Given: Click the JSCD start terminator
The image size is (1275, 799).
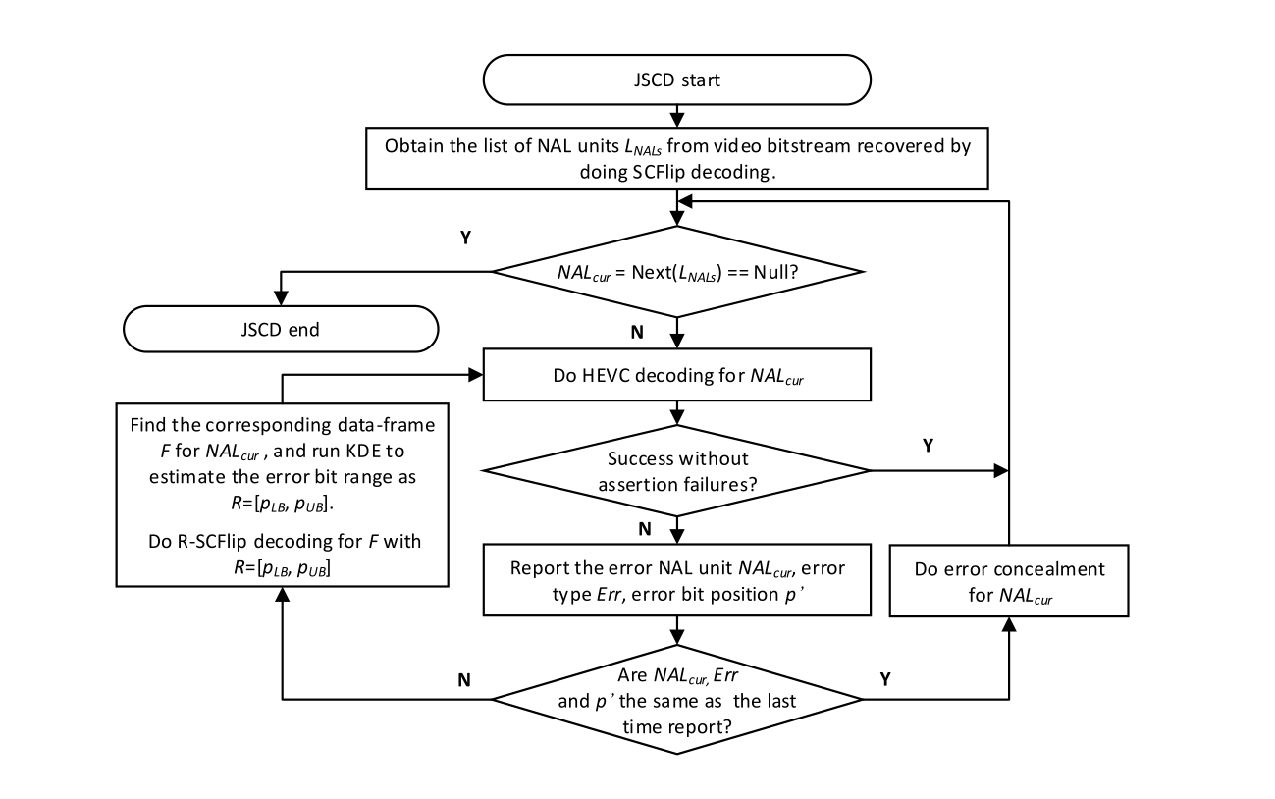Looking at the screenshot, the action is pyautogui.click(x=677, y=80).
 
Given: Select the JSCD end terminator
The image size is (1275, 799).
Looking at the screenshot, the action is pyautogui.click(x=281, y=329).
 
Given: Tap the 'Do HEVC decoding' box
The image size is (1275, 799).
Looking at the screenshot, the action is pyautogui.click(x=677, y=374).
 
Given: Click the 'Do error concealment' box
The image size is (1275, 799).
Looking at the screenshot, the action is pyautogui.click(x=1009, y=580).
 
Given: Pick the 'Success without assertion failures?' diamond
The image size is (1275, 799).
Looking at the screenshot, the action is pyautogui.click(x=677, y=470).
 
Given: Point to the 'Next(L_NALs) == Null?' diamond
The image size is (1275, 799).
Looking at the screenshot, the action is pyautogui.click(x=677, y=272).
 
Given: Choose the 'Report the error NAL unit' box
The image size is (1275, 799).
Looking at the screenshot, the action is pyautogui.click(x=677, y=580).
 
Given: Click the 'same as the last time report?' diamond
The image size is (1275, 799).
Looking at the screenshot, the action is pyautogui.click(x=677, y=700).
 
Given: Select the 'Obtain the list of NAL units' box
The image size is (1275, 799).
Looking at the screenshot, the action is pyautogui.click(x=677, y=158).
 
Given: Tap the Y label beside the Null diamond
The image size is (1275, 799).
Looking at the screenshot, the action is pyautogui.click(x=465, y=238).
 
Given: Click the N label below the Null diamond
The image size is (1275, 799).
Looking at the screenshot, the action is pyautogui.click(x=637, y=333).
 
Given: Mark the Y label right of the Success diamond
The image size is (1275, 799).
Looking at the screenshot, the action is pyautogui.click(x=928, y=445).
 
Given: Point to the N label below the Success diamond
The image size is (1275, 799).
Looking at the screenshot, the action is pyautogui.click(x=644, y=529).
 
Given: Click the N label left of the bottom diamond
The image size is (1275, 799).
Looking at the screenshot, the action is pyautogui.click(x=464, y=680).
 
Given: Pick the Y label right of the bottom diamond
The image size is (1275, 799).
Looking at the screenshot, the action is pyautogui.click(x=885, y=679).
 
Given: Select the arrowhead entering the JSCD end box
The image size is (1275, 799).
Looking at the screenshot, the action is pyautogui.click(x=281, y=298).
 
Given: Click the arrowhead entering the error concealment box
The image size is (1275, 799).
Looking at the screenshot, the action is pyautogui.click(x=1009, y=624).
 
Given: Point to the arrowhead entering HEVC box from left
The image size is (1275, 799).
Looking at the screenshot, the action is pyautogui.click(x=475, y=374).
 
